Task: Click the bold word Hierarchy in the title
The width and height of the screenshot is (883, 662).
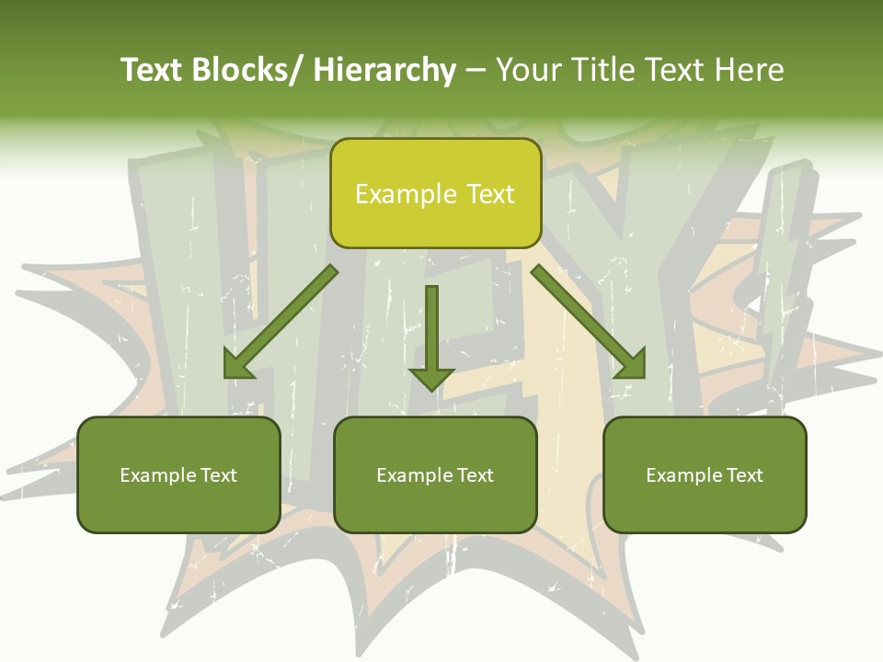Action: (x=384, y=70)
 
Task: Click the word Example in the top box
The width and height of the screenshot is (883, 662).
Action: (x=406, y=195)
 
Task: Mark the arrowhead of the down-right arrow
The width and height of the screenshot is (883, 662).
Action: (x=629, y=363)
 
